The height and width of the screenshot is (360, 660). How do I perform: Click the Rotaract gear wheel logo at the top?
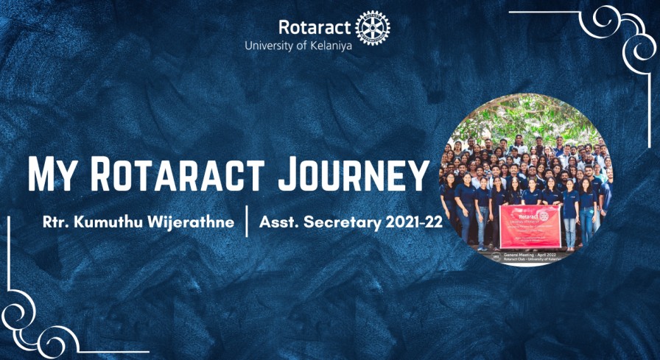pyautogui.click(x=373, y=28)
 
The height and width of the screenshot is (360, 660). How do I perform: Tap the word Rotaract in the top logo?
pyautogui.click(x=315, y=27)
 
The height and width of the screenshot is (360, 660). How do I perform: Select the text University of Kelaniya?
pyautogui.click(x=298, y=45)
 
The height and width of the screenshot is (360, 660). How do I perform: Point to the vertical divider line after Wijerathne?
pyautogui.click(x=247, y=222)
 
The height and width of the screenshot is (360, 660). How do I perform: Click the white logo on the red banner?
pyautogui.click(x=543, y=215)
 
